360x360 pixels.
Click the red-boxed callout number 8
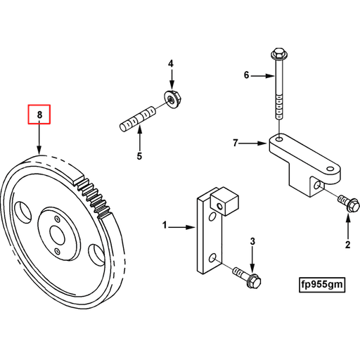(39, 114)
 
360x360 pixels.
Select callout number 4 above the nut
(169, 65)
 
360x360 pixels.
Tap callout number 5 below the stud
(139, 155)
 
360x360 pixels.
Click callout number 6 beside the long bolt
(246, 75)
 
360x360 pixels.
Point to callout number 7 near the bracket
(236, 143)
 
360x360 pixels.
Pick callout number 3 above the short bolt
(252, 243)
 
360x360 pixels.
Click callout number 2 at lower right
(347, 245)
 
